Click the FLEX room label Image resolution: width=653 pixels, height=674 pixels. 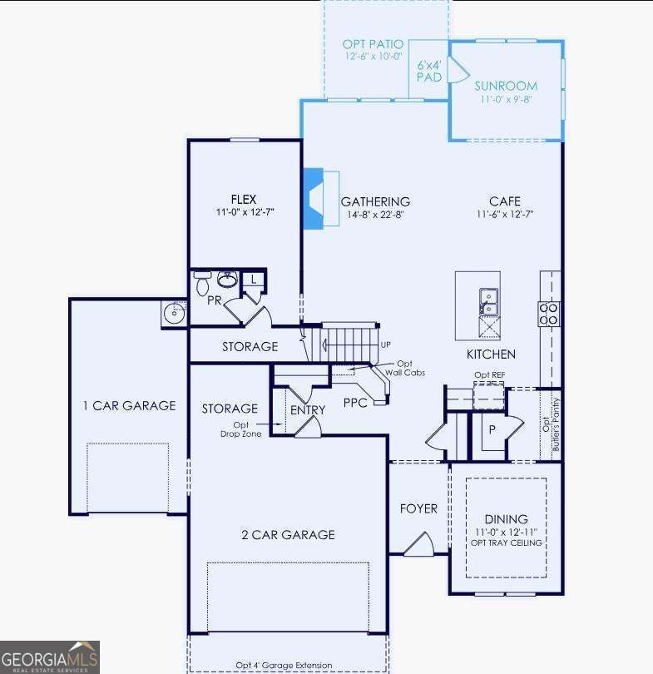tap(243, 199)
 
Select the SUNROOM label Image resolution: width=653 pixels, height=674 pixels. tap(506, 86)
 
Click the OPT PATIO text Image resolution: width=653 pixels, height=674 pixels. tap(373, 44)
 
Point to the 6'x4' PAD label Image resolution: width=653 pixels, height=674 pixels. tap(428, 71)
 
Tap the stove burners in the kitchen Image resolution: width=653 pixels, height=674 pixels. tap(549, 313)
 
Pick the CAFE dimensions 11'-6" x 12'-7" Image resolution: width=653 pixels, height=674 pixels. tap(505, 215)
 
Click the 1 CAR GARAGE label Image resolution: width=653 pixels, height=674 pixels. tap(129, 406)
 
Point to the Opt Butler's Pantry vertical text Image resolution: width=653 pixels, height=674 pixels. tap(552, 424)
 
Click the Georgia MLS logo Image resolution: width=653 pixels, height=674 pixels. tap(50, 657)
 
